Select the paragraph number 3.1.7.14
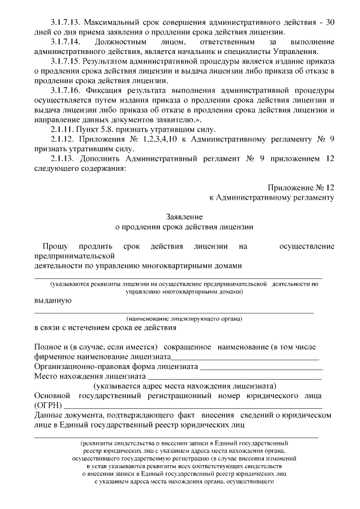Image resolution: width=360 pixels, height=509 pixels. pyautogui.click(x=66, y=42)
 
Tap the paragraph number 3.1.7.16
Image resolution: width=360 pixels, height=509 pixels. pyautogui.click(x=66, y=90)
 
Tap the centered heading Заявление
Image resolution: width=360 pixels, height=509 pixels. pyautogui.click(x=184, y=217)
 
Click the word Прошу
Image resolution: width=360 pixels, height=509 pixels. pyautogui.click(x=55, y=246)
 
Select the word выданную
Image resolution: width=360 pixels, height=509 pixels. pyautogui.click(x=53, y=300)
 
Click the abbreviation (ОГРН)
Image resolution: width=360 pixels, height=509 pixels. pyautogui.click(x=48, y=405)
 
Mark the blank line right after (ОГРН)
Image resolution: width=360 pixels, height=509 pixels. pyautogui.click(x=194, y=406)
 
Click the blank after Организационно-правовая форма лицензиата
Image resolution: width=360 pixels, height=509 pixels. pyautogui.click(x=261, y=367)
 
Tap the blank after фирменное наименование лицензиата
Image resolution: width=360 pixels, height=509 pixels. pyautogui.click(x=245, y=358)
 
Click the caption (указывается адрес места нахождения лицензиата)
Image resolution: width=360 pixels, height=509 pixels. pyautogui.click(x=185, y=386)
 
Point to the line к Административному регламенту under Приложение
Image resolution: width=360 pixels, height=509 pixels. pyautogui.click(x=272, y=197)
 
